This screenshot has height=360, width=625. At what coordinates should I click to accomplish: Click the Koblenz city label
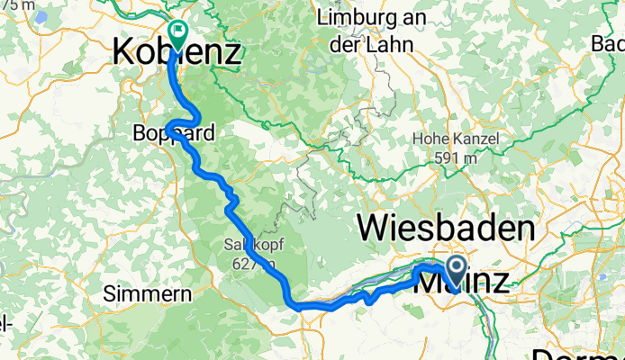[177, 52]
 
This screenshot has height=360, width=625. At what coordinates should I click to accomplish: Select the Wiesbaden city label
[446, 228]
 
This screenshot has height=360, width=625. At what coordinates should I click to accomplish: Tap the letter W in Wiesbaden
[377, 228]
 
